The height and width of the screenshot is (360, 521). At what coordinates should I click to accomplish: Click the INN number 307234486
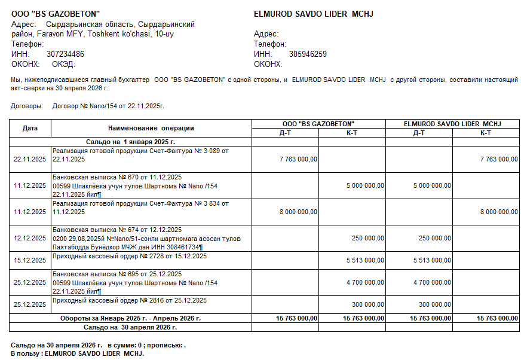pos(65,54)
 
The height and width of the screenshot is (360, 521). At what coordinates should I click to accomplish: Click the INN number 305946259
pos(308,54)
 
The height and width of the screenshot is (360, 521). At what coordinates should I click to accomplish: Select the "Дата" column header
pos(30,128)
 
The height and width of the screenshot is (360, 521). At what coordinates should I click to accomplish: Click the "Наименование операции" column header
pos(151,128)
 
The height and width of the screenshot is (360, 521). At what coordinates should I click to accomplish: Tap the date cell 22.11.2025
pos(30,159)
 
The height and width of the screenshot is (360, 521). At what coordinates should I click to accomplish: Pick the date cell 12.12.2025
pos(30,238)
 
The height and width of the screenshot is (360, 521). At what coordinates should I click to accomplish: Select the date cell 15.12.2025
pos(30,260)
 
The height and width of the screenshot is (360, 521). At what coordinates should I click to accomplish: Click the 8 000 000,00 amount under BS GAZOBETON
pos(298,212)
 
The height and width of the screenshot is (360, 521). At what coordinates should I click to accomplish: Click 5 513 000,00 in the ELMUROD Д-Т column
pos(432,260)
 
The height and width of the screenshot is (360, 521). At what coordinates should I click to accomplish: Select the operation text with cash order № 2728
pos(130,257)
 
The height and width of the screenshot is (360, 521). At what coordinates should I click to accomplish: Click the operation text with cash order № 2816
pos(130,300)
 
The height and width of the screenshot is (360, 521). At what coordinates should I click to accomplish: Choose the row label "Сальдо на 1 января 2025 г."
pos(130,142)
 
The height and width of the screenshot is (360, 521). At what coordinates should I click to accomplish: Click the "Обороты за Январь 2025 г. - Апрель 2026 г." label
pos(130,318)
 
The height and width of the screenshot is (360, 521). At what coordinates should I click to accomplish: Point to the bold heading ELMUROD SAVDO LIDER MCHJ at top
pos(314,14)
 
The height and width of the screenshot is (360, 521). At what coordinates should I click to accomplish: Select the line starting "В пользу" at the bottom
pos(78,353)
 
